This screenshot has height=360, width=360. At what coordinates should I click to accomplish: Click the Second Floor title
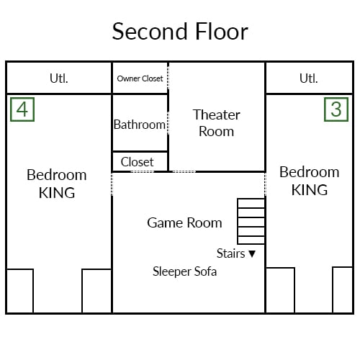(x=180, y=32)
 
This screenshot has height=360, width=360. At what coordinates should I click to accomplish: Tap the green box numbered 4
(x=22, y=109)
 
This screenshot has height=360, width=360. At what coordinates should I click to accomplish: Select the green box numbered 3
(x=336, y=109)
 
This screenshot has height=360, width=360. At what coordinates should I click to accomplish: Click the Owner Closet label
(x=140, y=78)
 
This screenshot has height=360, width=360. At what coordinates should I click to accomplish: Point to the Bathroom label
(x=140, y=125)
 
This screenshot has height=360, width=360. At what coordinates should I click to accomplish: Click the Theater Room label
(x=217, y=123)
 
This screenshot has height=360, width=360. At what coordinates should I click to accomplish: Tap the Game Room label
(x=184, y=222)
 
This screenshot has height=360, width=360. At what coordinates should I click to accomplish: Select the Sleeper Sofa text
(x=184, y=271)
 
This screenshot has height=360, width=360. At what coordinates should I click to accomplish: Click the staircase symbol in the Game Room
(x=251, y=221)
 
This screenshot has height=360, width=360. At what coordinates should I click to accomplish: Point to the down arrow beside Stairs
(x=252, y=253)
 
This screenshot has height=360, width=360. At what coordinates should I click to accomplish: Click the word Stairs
(x=230, y=253)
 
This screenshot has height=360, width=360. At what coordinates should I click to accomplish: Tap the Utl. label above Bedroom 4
(x=59, y=78)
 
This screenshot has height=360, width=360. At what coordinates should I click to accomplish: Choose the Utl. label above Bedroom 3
(x=309, y=78)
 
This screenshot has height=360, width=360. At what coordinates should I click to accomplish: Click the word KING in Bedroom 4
(x=57, y=193)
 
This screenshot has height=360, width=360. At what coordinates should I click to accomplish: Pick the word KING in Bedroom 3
(x=310, y=190)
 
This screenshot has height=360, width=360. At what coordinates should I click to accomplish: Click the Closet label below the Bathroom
(x=137, y=162)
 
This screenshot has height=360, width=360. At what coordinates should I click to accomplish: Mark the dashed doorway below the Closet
(x=143, y=171)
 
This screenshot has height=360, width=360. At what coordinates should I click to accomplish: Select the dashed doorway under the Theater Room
(x=184, y=171)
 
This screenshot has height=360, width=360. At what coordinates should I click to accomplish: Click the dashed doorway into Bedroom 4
(x=112, y=184)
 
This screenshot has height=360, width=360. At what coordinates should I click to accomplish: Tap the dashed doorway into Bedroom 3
(x=265, y=184)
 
